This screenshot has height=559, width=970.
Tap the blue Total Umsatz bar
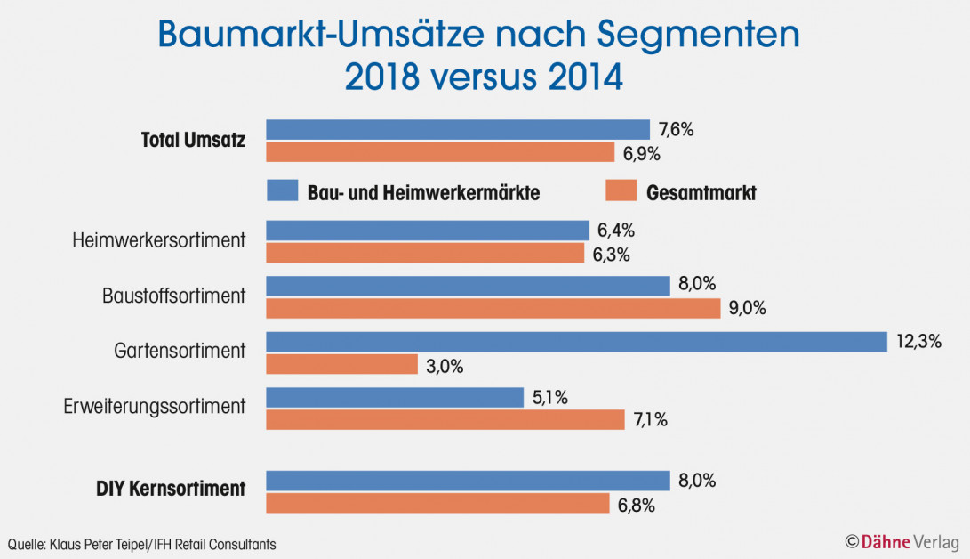click(458, 130)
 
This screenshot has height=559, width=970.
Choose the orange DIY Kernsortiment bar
click(437, 504)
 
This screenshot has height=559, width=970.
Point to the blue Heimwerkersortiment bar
click(427, 231)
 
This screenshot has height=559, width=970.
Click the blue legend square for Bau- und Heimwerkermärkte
click(281, 190)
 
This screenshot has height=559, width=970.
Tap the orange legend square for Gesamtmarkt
click(621, 190)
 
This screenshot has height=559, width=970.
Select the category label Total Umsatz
click(193, 141)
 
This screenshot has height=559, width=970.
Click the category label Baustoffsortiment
click(173, 296)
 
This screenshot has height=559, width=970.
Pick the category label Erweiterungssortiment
click(154, 407)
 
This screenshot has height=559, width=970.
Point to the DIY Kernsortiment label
click(170, 489)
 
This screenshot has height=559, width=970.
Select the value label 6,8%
click(636, 506)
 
